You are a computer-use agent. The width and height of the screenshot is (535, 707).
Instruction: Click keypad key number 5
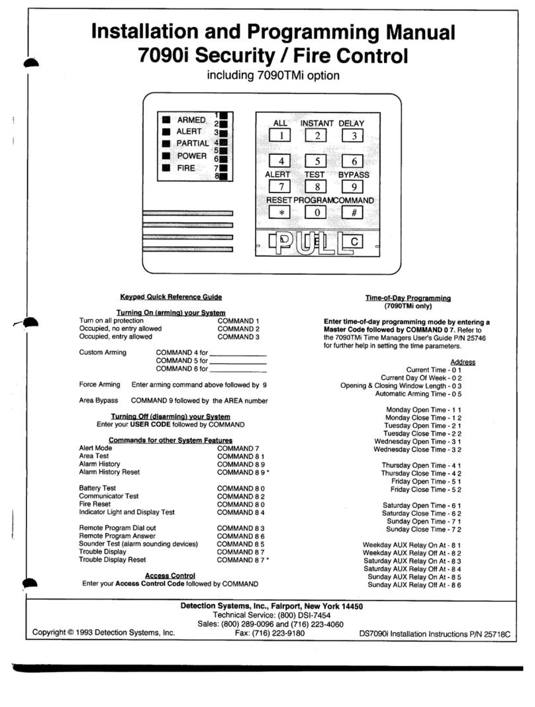[317, 161]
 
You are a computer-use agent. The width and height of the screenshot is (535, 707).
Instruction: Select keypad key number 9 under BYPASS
[353, 187]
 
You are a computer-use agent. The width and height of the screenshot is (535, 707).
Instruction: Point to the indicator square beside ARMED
[167, 120]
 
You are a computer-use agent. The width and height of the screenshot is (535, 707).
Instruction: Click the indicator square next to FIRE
[167, 168]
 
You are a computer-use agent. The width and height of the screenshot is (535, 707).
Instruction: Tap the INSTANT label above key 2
[317, 123]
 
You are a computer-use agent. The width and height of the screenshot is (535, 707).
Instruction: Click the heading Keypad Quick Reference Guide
[171, 297]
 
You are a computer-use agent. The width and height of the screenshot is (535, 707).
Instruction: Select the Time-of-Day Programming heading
[408, 299]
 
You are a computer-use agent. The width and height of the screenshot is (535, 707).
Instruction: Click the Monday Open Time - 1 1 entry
[423, 410]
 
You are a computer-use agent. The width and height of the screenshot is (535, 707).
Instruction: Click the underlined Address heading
[462, 361]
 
